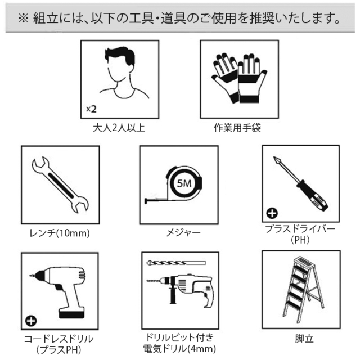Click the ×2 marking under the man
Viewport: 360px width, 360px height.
(91, 109)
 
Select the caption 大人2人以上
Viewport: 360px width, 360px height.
(119, 128)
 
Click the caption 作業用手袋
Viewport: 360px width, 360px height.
(237, 128)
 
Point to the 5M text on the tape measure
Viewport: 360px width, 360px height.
(184, 183)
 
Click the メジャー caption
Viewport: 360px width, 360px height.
(183, 232)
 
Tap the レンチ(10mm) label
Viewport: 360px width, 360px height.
(60, 233)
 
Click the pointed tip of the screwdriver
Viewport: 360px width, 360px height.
(274, 157)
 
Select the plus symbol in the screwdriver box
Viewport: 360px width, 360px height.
(272, 213)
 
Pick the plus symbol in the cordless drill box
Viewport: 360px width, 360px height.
(31, 321)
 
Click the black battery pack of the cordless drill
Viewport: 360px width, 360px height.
(71, 313)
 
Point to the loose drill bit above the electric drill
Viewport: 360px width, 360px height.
(176, 263)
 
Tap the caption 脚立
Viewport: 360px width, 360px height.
(304, 339)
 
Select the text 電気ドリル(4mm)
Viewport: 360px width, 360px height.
(179, 349)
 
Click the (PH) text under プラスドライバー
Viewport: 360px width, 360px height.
(300, 240)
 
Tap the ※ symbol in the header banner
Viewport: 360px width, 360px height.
(23, 19)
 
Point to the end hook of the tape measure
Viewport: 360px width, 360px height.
(146, 201)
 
